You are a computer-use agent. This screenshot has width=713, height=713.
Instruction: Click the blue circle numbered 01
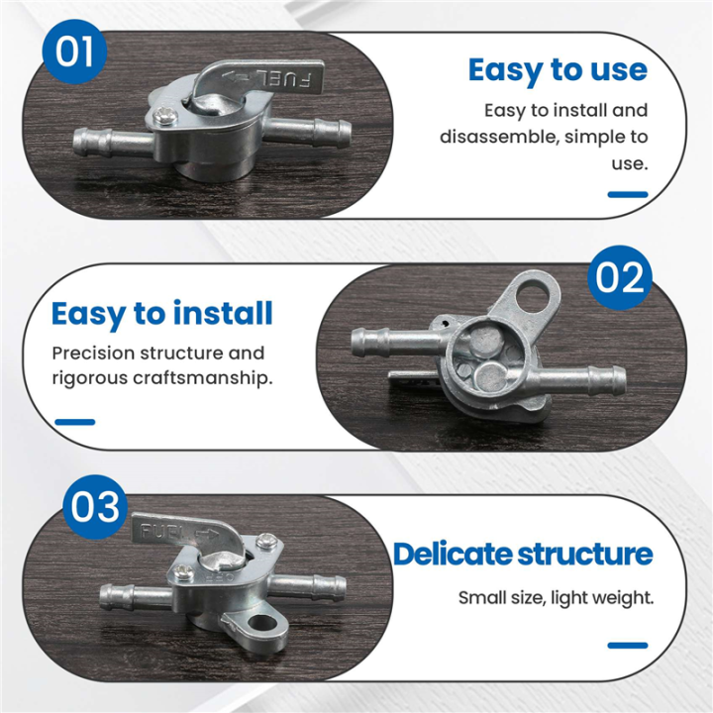click(74, 51)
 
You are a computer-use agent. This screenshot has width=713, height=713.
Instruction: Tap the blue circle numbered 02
click(620, 277)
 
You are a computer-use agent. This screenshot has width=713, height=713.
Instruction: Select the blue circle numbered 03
click(95, 507)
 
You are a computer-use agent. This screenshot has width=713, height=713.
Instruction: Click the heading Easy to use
click(558, 70)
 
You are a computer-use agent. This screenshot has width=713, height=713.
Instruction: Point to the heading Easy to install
click(161, 314)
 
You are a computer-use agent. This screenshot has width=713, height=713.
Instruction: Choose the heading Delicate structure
click(523, 554)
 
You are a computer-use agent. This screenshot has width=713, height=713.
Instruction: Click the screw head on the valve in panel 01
click(164, 116)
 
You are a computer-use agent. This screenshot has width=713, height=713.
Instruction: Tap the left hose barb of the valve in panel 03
click(136, 596)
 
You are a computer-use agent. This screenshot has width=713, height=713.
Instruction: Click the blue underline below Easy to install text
click(75, 422)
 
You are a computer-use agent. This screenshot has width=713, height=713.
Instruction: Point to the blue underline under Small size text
click(628, 646)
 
